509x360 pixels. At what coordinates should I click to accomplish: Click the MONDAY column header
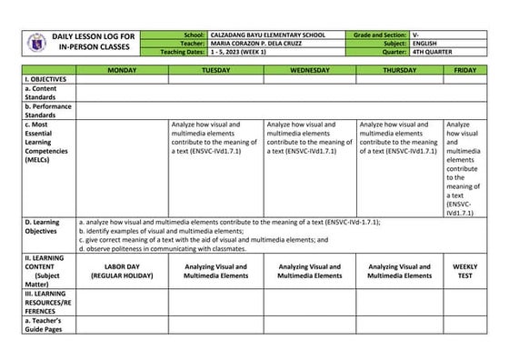(122, 70)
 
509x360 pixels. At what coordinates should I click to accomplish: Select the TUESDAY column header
(215, 70)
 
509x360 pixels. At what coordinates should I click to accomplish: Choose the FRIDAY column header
(464, 70)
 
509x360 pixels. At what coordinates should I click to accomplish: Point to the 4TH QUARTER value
(433, 51)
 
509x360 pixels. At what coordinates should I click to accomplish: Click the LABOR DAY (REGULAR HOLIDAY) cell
(122, 271)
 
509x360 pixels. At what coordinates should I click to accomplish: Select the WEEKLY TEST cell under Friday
(464, 271)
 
